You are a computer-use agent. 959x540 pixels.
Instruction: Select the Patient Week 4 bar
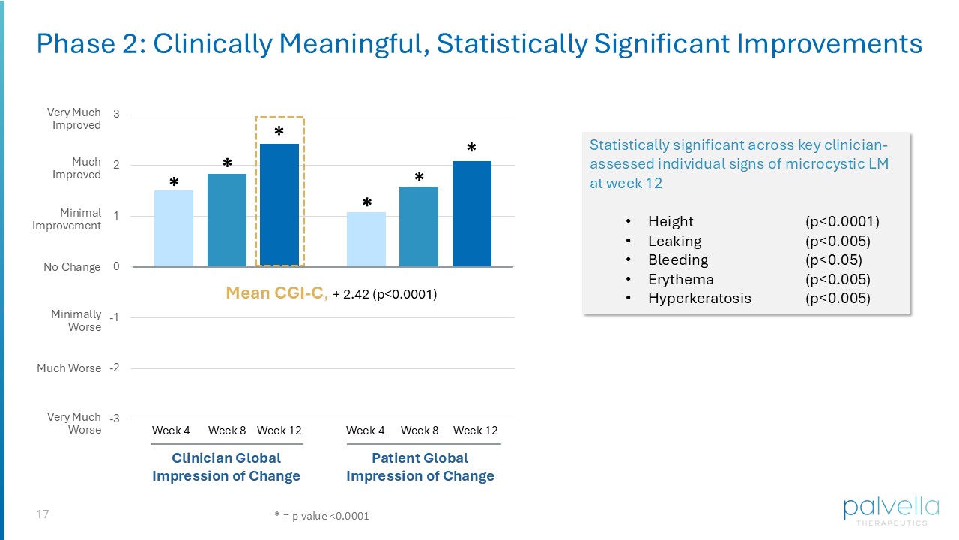point(366,239)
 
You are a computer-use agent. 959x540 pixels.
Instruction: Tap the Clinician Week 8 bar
point(227,220)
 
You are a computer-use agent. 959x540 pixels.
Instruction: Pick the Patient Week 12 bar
point(472,214)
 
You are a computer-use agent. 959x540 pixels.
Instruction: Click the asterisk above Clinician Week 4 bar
point(174,184)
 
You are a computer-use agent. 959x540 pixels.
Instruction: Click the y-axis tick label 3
point(116,115)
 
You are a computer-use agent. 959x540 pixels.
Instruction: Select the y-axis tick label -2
point(115,368)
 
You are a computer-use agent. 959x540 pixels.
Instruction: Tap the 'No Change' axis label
point(72,267)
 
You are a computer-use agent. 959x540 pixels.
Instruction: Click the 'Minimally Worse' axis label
point(76,320)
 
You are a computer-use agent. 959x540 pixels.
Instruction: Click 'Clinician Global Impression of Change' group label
point(226,466)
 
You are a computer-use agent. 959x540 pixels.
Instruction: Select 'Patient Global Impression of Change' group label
point(420,466)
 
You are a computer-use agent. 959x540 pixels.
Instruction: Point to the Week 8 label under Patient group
point(420,430)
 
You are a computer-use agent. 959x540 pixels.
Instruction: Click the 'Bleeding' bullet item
point(678,260)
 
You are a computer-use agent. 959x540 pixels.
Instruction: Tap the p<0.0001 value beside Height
point(842,222)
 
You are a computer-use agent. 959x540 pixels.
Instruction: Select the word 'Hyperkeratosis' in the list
point(699,298)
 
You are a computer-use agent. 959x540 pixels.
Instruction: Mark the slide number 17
point(43,514)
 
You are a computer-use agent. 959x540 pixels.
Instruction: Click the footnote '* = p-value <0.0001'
point(322,517)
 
